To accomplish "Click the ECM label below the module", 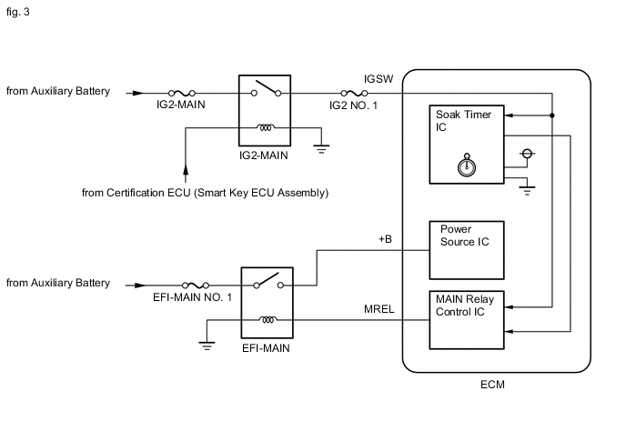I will coord(492,385).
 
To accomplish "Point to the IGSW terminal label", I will coord(377,80).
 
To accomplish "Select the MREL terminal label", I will coord(379,309).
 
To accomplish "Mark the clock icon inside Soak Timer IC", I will coord(467,165).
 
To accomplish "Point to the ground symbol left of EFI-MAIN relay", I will coord(207,346).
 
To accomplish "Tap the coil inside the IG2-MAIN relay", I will coord(265,128).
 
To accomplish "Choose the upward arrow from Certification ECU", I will coord(186,169).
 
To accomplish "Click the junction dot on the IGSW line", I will coord(552,115).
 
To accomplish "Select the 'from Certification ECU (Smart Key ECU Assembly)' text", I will coord(205,193).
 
